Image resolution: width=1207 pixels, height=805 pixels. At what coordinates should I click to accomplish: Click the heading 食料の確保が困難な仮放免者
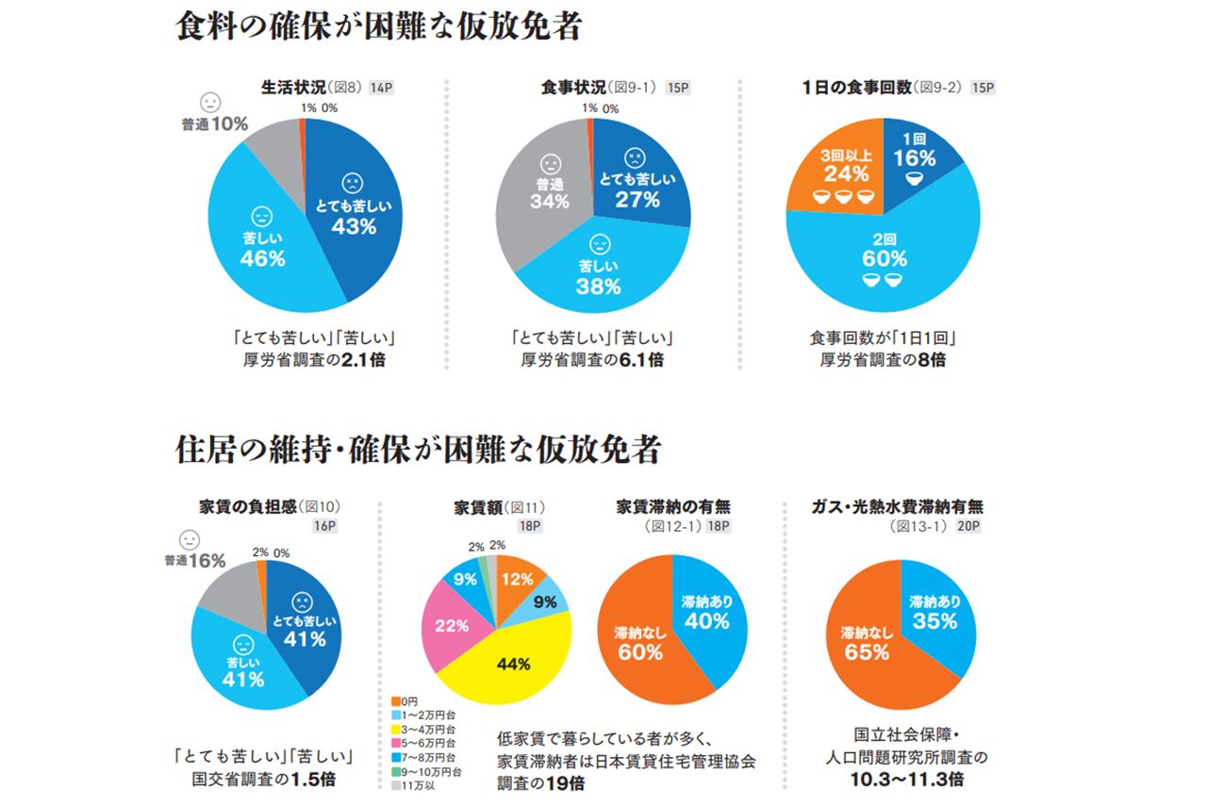(379, 26)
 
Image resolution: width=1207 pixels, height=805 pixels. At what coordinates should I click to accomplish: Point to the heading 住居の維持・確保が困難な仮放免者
(418, 450)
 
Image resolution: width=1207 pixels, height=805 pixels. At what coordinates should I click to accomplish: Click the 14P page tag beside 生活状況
(382, 88)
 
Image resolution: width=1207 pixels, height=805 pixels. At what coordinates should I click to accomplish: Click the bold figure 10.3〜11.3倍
(906, 780)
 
